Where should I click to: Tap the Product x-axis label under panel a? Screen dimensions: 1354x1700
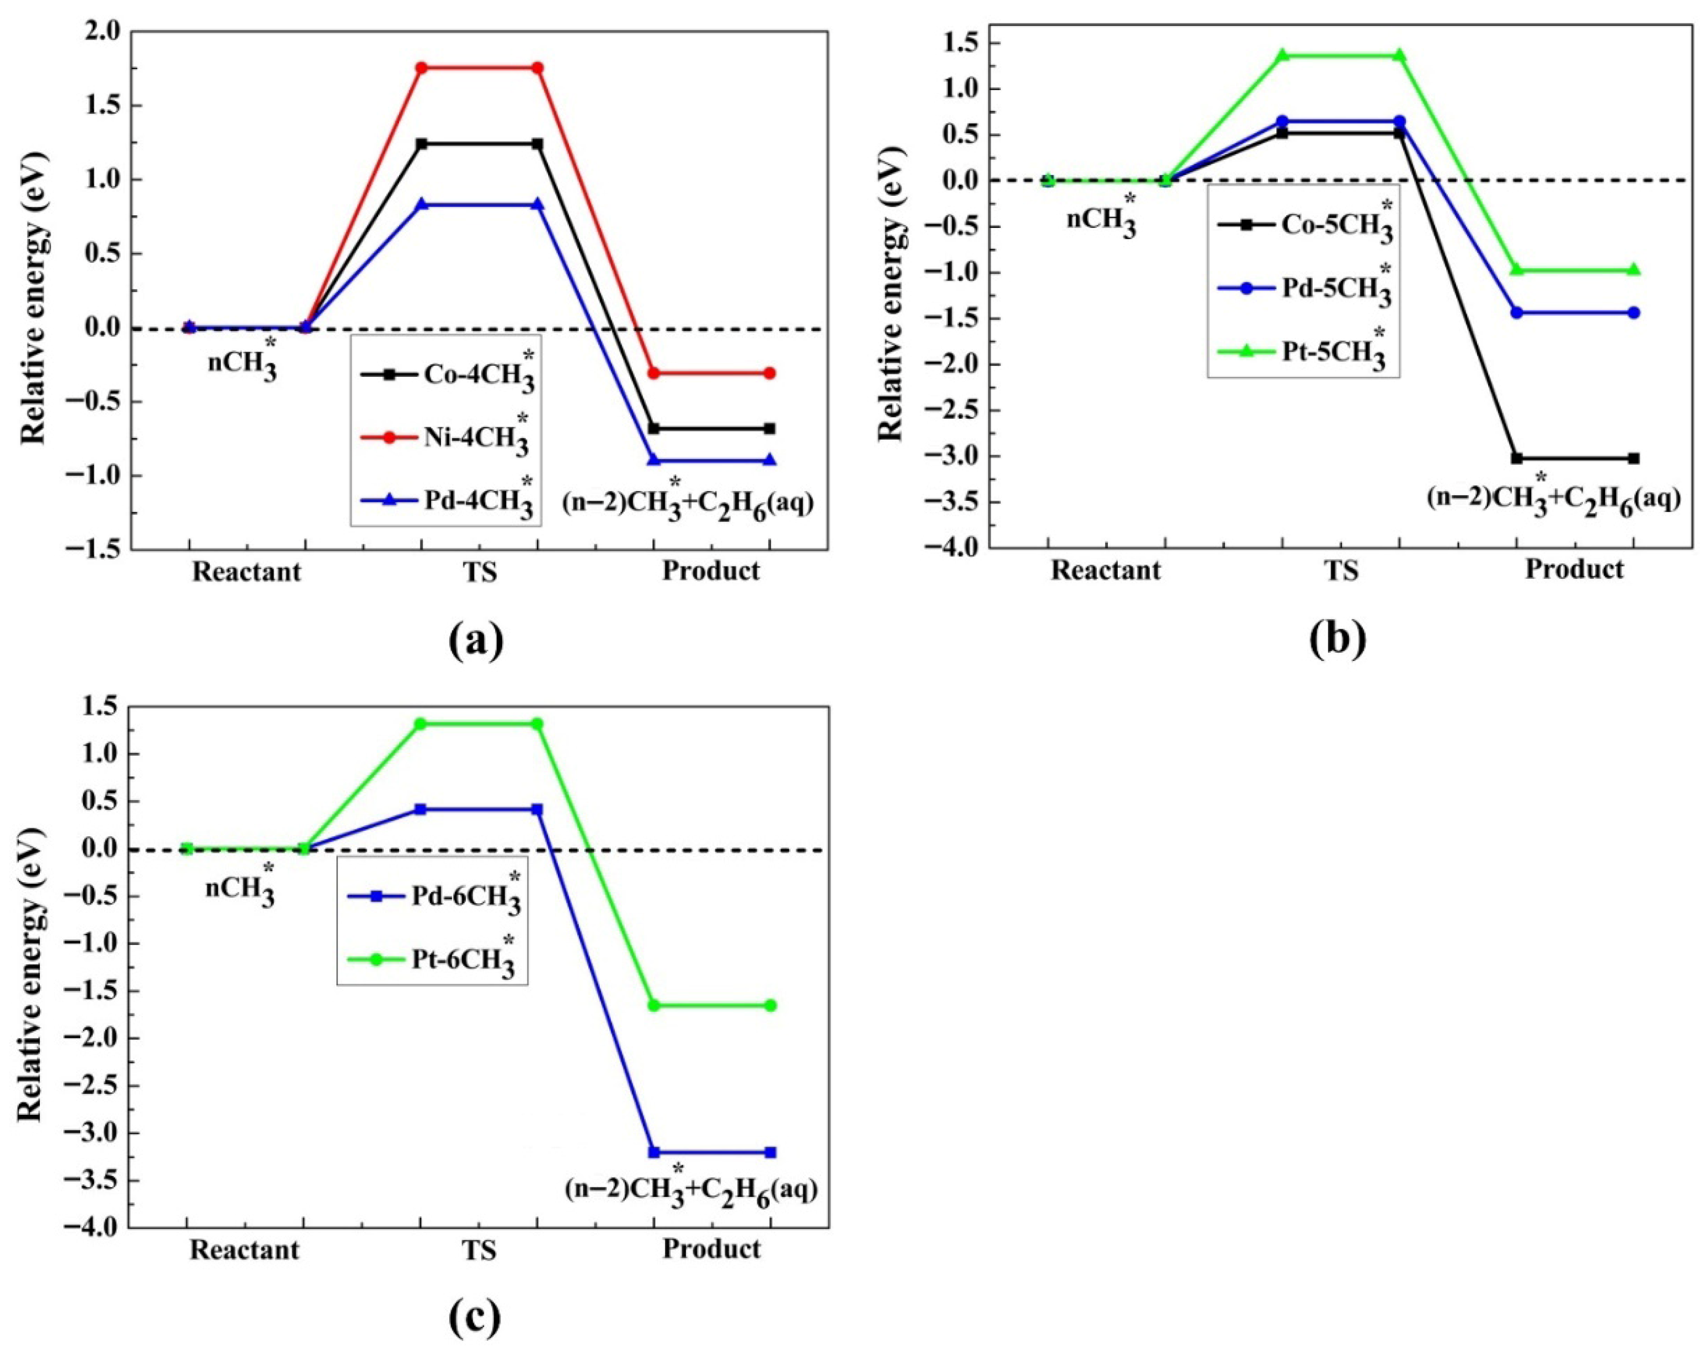click(x=711, y=571)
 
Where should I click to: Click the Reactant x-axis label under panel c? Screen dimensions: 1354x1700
click(x=244, y=1250)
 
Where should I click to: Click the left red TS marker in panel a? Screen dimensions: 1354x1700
click(x=422, y=68)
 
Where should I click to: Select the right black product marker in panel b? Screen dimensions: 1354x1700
click(x=1634, y=458)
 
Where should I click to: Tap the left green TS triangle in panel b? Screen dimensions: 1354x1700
click(x=1283, y=55)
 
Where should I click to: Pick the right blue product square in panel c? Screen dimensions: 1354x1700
click(x=770, y=1152)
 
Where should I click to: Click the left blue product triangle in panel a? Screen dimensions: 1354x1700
click(x=654, y=461)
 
